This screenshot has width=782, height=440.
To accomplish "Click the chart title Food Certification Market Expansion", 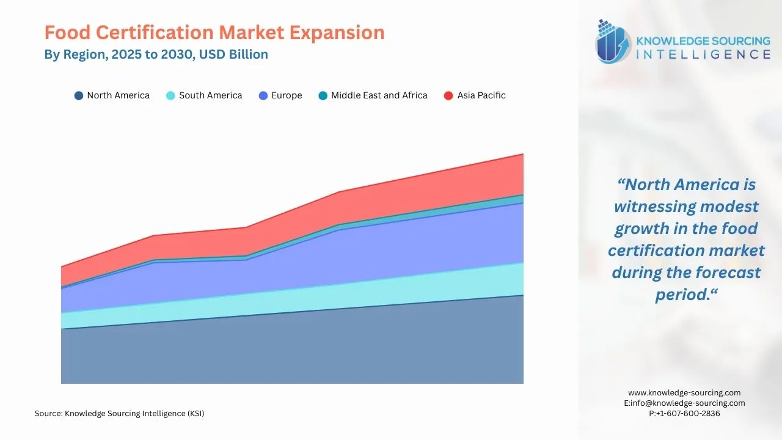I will click(214, 32).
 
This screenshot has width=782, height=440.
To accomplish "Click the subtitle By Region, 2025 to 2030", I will click(156, 54).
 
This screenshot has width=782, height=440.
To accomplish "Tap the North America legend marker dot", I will click(79, 96).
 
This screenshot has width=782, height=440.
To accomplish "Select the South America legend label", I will click(210, 95).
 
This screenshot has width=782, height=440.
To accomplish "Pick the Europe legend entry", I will click(287, 95).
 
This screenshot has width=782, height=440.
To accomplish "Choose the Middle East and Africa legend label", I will click(379, 95).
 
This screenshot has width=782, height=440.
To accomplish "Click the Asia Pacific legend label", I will click(481, 95).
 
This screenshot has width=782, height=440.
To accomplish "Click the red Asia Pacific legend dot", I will click(448, 96).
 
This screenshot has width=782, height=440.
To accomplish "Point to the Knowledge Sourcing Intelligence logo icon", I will click(613, 42).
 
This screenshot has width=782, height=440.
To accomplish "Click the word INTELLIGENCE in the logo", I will click(703, 55).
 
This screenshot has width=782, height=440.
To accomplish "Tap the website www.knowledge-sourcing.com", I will click(684, 393).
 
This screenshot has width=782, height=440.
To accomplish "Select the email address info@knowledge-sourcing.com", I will click(689, 403).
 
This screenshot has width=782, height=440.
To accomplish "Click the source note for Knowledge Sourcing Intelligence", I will click(120, 414).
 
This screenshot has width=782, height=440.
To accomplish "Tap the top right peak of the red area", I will click(522, 155).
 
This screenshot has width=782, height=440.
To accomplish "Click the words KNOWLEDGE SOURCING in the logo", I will click(703, 41).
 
